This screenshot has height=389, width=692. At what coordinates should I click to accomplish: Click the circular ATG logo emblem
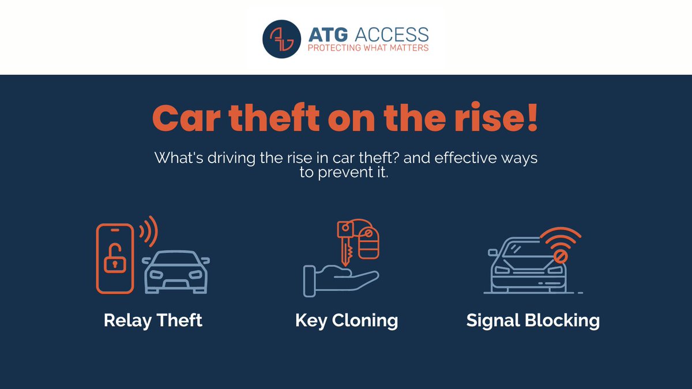click(281, 40)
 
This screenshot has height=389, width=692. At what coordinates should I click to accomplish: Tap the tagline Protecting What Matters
click(367, 48)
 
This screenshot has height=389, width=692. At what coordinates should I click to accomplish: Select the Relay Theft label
click(153, 320)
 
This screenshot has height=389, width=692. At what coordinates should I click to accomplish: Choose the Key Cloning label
click(347, 320)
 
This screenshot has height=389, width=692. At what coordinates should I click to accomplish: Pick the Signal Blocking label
click(533, 320)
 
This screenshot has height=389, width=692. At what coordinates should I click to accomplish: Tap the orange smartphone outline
click(115, 258)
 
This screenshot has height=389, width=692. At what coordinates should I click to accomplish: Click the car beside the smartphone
click(176, 272)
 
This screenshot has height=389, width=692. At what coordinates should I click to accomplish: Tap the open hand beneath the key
click(337, 280)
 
